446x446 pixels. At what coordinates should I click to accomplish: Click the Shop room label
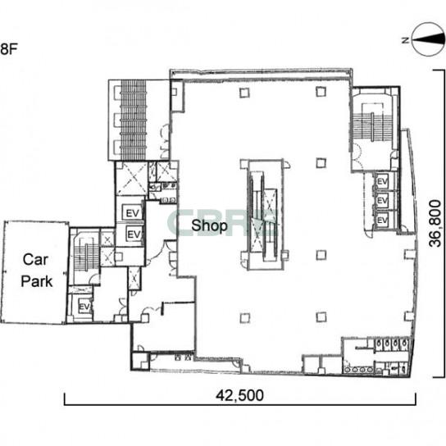coord(209,226)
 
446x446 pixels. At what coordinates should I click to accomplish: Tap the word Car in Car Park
coord(35,259)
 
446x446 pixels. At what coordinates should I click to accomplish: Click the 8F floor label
coord(9,49)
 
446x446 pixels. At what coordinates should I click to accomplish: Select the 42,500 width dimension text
coord(239,395)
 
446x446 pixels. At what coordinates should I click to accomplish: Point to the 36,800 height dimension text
coord(435,224)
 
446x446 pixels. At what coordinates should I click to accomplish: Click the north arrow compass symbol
coord(428,40)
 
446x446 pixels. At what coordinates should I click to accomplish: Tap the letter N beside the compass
coord(405,40)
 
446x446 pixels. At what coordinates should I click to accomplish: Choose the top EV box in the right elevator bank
coord(382,181)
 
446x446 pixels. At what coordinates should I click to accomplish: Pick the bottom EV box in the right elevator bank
coord(382,221)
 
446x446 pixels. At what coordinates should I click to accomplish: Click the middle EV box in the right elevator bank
coord(382,201)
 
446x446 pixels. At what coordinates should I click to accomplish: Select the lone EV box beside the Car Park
coord(84,307)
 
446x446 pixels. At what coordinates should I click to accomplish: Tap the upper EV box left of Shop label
coord(132,212)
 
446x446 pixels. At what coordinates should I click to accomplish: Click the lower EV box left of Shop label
coord(134,234)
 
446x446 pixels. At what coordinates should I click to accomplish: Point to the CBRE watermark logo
coord(222,223)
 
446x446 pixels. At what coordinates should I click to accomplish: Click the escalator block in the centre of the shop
coord(265,215)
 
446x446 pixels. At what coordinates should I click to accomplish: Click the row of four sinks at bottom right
coord(358,369)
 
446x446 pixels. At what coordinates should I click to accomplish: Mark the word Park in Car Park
coord(37,281)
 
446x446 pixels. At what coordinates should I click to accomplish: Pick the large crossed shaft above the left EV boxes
coord(132,179)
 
